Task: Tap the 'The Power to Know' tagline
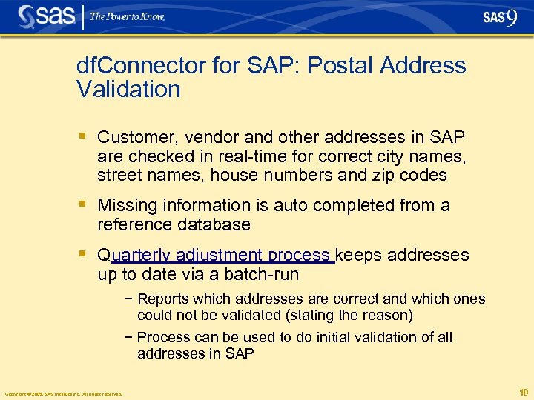tap(128, 16)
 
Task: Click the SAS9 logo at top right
tap(500, 17)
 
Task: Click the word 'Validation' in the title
tap(128, 90)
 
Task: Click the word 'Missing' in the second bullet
tap(125, 205)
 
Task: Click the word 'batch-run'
tap(260, 275)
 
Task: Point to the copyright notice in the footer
tap(63, 393)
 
